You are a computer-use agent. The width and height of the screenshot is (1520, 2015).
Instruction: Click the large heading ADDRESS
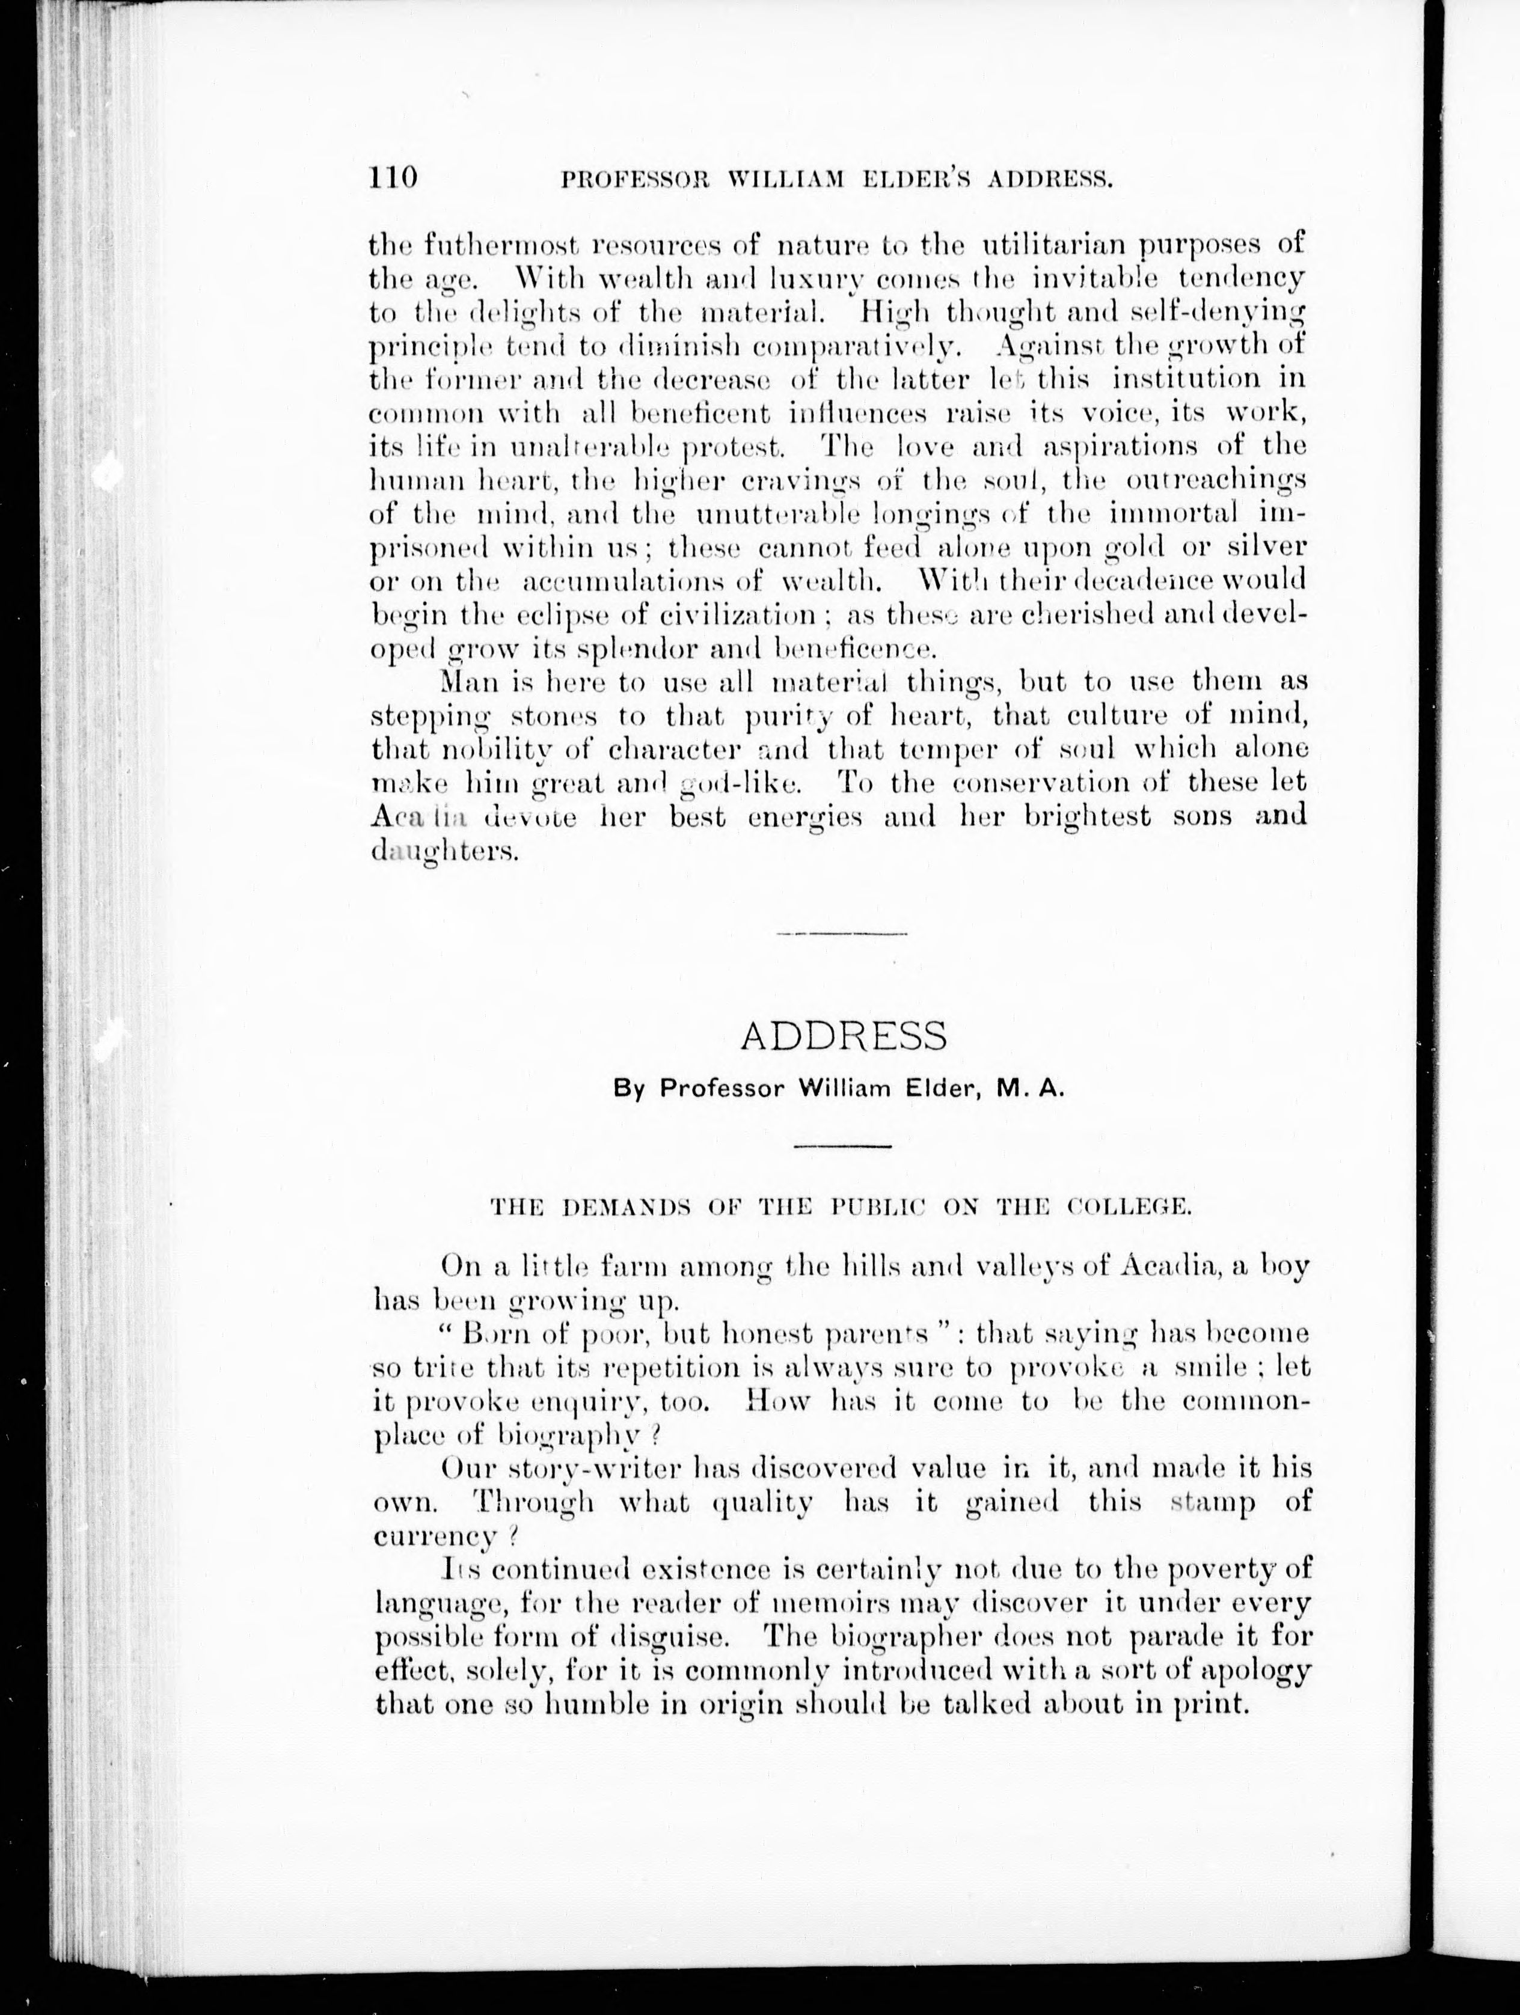click(843, 1036)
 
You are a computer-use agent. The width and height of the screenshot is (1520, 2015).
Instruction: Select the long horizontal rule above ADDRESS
click(842, 934)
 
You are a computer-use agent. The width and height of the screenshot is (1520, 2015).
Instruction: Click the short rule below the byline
click(842, 1145)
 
